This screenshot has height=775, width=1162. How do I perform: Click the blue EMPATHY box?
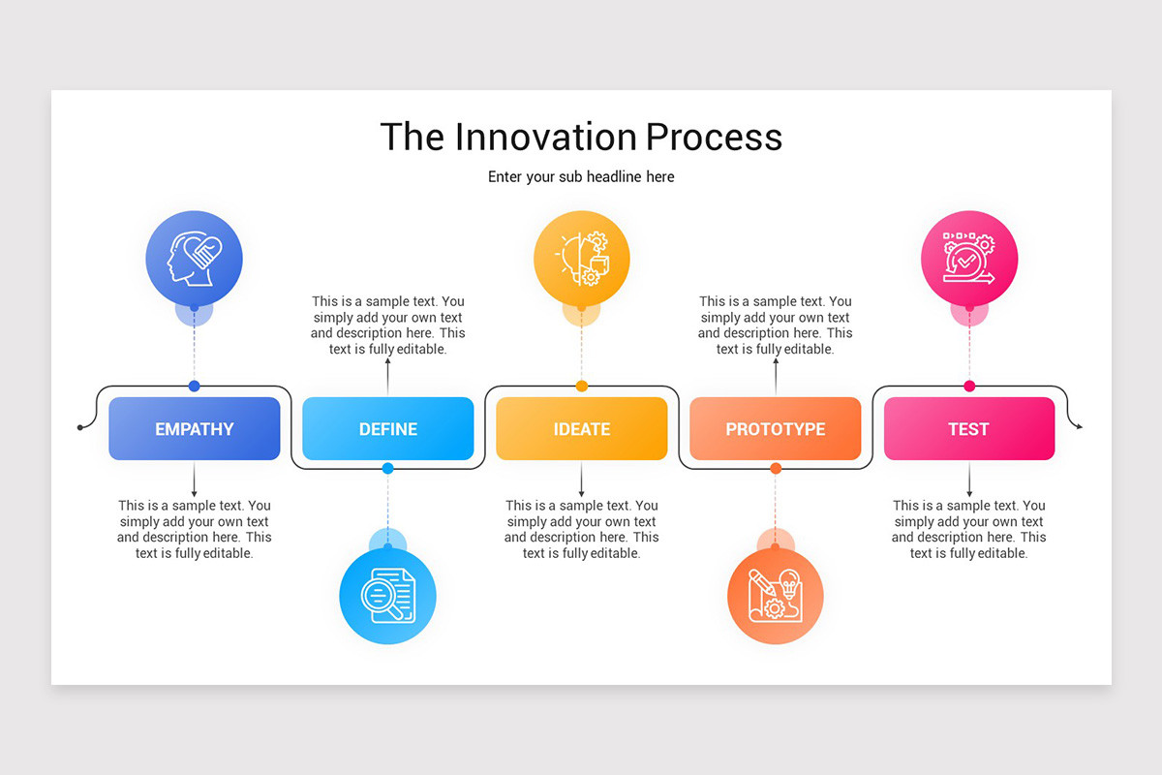[x=194, y=428]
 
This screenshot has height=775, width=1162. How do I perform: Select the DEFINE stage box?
[x=387, y=428]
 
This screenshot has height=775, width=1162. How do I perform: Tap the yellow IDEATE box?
[x=581, y=428]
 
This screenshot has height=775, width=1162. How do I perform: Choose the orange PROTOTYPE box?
[x=775, y=428]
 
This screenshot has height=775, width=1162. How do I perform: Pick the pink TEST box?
[x=968, y=428]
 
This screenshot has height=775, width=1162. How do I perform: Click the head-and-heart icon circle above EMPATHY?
[x=194, y=259]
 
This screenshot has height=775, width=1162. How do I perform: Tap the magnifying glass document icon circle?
[x=387, y=596]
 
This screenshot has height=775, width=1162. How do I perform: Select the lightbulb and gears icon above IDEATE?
[x=581, y=259]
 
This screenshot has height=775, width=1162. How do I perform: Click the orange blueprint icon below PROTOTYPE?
[x=775, y=596]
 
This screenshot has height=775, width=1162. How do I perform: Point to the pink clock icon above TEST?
[x=968, y=259]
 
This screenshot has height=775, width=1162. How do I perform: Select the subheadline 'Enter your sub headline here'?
[x=581, y=177]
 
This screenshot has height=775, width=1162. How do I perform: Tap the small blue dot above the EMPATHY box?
[x=194, y=387]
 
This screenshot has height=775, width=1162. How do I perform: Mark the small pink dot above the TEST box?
[x=969, y=387]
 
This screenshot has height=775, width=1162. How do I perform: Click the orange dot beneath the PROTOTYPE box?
[x=776, y=469]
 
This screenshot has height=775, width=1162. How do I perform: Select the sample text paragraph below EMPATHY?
[x=194, y=529]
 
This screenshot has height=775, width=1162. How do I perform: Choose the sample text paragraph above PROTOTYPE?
[x=775, y=325]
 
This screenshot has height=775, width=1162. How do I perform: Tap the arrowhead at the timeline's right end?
[x=1080, y=426]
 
